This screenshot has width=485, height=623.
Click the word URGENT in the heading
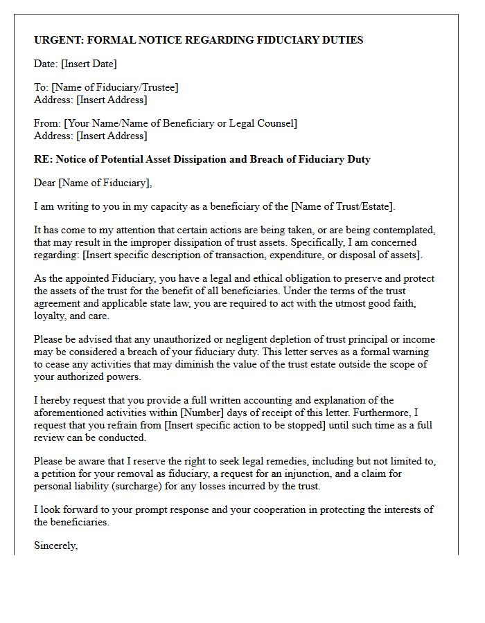coord(55,40)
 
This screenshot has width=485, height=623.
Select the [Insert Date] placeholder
coord(89,64)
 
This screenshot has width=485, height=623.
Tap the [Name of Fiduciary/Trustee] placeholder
coord(114,87)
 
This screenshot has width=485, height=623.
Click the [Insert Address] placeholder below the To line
coord(112,100)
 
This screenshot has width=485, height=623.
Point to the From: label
coord(47,123)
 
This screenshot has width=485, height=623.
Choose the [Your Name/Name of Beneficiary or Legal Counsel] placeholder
coord(180,123)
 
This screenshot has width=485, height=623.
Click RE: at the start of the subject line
coord(42,159)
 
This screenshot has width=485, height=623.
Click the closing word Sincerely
coord(55,545)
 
